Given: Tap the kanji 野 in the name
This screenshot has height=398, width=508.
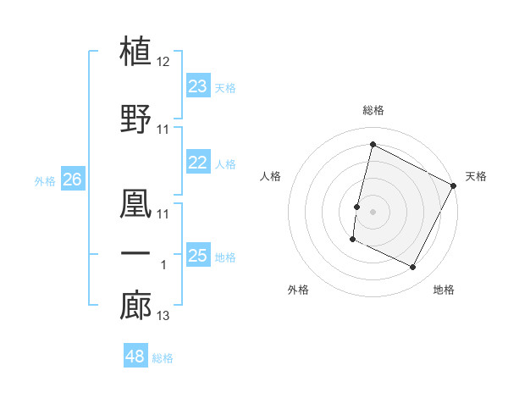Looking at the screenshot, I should click(136, 117).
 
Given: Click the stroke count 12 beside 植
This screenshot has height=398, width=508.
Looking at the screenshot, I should click(163, 63).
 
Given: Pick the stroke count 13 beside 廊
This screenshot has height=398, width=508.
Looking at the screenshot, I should click(163, 317).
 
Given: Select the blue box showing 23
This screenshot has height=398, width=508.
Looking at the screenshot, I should click(198, 86).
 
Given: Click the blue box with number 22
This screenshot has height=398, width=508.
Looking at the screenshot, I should click(198, 163).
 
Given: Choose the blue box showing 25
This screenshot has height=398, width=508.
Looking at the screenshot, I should click(198, 256).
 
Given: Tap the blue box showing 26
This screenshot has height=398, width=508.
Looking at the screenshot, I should click(72, 180).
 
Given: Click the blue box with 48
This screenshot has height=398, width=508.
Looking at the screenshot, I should click(135, 357).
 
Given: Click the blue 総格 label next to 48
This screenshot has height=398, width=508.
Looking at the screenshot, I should click(163, 358).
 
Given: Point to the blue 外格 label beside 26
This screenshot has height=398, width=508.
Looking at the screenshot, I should click(45, 180).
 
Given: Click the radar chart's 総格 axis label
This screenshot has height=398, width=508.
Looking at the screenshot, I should click(373, 111).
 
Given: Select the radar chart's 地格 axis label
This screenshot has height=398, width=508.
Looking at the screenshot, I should click(444, 290).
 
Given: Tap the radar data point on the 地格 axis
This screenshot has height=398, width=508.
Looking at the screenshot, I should click(413, 268).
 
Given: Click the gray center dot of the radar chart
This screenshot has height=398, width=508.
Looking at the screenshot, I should click(373, 212).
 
